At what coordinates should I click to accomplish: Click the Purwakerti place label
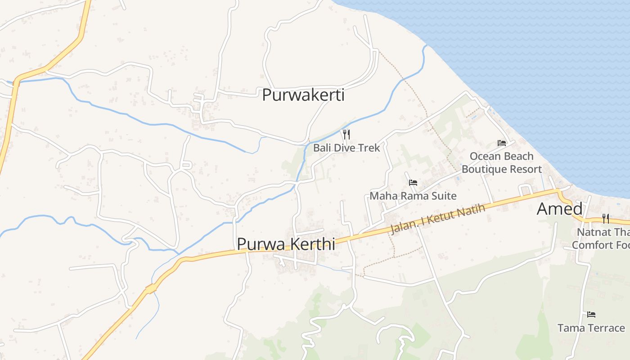point(303,95)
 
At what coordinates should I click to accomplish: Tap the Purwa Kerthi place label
point(286,244)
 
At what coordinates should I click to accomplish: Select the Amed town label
point(559,209)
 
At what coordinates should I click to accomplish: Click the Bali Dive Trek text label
point(346,148)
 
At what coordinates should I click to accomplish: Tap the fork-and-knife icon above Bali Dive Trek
point(346,134)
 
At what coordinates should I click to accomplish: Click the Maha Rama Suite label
point(413,196)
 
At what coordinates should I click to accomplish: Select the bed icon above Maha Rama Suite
point(413,182)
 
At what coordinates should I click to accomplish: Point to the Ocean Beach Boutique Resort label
point(502,162)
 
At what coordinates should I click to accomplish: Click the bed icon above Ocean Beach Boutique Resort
point(502,143)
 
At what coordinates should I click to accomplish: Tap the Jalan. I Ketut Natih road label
point(438,219)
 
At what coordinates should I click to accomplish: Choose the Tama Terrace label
point(591,328)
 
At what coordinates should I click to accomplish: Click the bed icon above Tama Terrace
point(591,314)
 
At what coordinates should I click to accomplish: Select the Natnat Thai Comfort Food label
point(601,238)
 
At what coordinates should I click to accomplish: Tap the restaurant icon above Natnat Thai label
point(606,219)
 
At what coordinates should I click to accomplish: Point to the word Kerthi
point(311,244)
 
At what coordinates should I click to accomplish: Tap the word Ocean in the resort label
point(484,156)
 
